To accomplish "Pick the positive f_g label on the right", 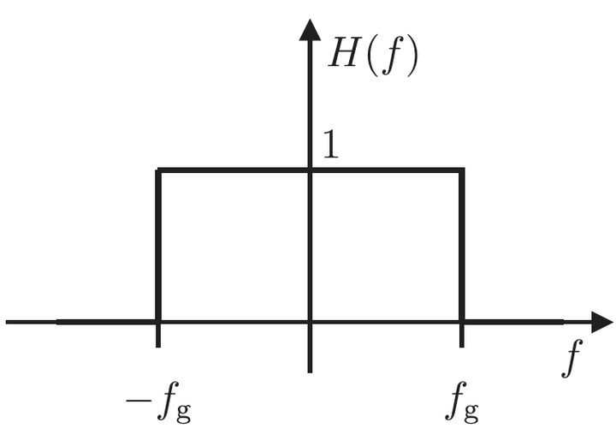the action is (x=462, y=401).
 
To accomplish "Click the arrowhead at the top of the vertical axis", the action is (x=309, y=26).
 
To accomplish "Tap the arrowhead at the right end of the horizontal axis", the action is (x=601, y=322).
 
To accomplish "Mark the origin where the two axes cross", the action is (x=309, y=322).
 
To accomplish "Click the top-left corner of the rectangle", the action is (x=159, y=170).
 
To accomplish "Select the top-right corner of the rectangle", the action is (x=462, y=170).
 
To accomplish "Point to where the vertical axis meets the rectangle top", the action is (x=309, y=170).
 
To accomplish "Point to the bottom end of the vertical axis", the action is (x=309, y=370).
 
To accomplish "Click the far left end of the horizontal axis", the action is (x=8, y=322).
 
